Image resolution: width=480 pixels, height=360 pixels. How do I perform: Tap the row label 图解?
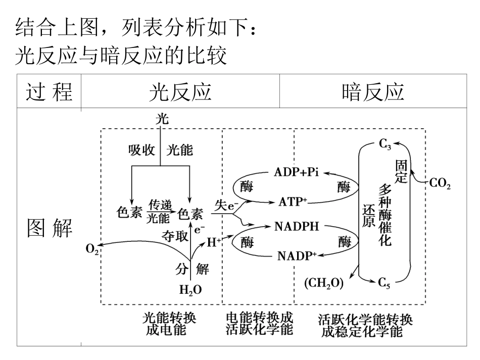[49, 229]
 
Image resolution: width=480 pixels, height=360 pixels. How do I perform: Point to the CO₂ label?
[440, 184]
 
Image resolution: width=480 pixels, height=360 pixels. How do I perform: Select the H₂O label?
[190, 290]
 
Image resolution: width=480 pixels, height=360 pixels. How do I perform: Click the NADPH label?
[297, 226]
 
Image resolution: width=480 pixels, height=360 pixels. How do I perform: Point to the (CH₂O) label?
[324, 283]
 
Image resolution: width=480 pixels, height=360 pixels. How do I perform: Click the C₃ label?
[385, 145]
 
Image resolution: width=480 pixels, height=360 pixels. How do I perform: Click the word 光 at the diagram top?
[162, 119]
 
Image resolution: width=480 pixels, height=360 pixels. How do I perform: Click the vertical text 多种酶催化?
[385, 215]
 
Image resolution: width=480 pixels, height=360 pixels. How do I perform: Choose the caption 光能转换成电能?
[169, 325]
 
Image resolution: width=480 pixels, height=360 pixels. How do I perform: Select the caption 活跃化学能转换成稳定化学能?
[366, 326]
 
